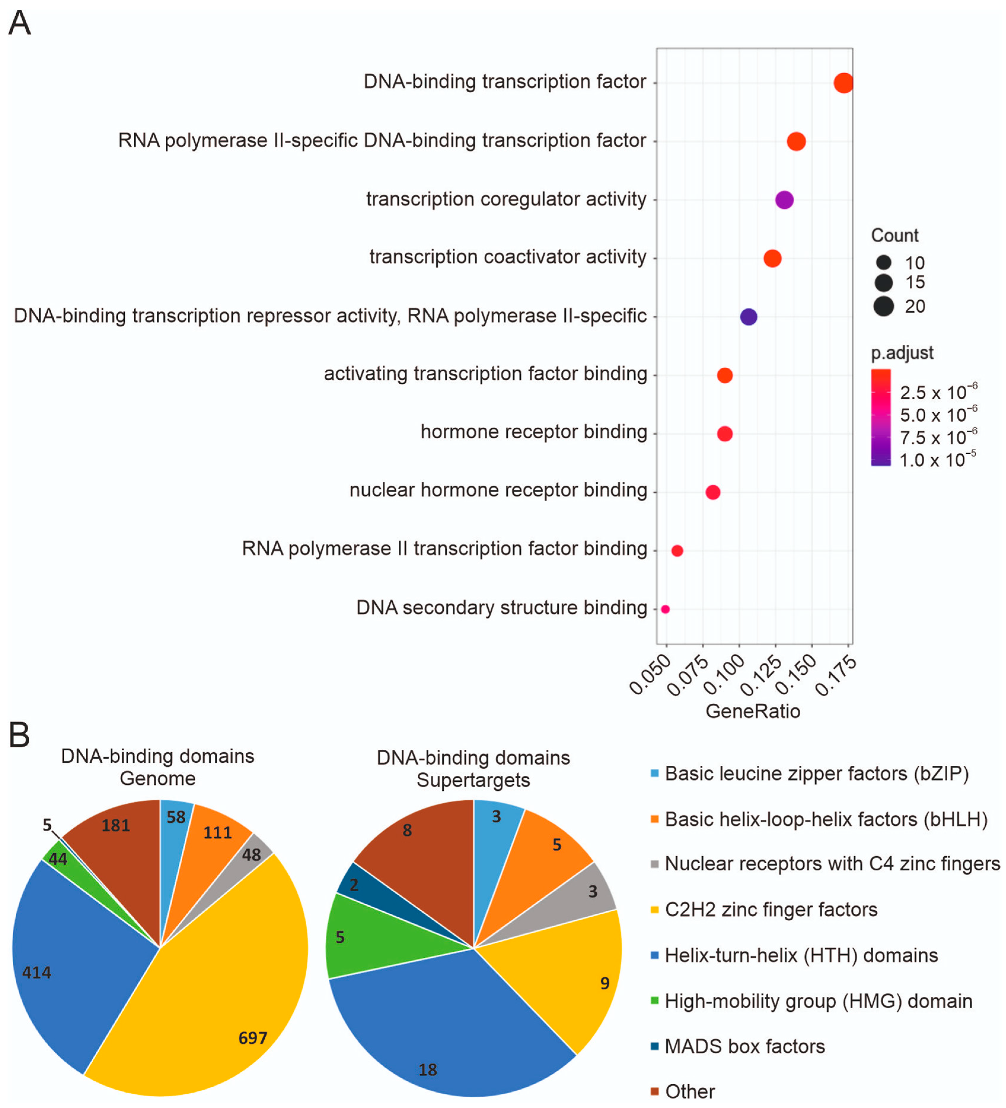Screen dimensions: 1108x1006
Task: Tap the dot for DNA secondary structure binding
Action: point(665,609)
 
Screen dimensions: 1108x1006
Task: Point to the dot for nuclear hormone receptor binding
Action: point(713,492)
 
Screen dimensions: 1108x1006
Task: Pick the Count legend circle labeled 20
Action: point(884,306)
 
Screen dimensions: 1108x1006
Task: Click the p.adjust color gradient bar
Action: point(880,418)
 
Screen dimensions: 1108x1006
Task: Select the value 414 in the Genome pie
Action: point(37,973)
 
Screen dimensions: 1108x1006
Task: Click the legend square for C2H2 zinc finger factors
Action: point(654,910)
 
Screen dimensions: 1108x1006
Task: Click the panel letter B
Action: point(19,735)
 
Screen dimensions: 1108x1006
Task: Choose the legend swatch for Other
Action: point(654,1091)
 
